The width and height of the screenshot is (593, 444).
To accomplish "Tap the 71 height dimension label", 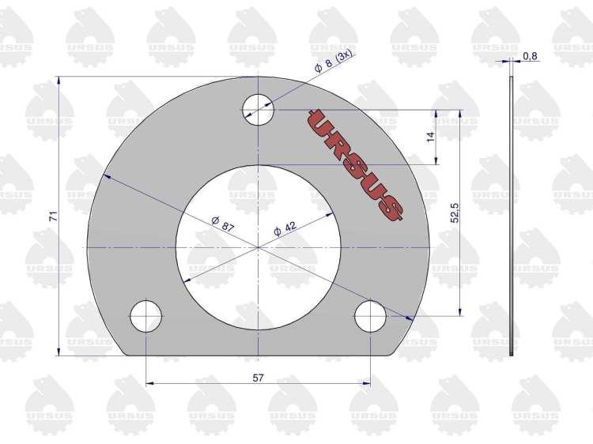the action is click(x=54, y=216).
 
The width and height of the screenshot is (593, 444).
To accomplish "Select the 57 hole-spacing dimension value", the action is click(x=258, y=378).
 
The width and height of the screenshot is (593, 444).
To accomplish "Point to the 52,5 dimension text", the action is click(x=454, y=213).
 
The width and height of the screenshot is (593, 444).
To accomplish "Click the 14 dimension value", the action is click(x=430, y=137).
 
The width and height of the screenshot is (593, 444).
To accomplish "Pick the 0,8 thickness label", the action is click(x=530, y=56).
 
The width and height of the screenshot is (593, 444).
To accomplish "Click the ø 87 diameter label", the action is click(x=223, y=224).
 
